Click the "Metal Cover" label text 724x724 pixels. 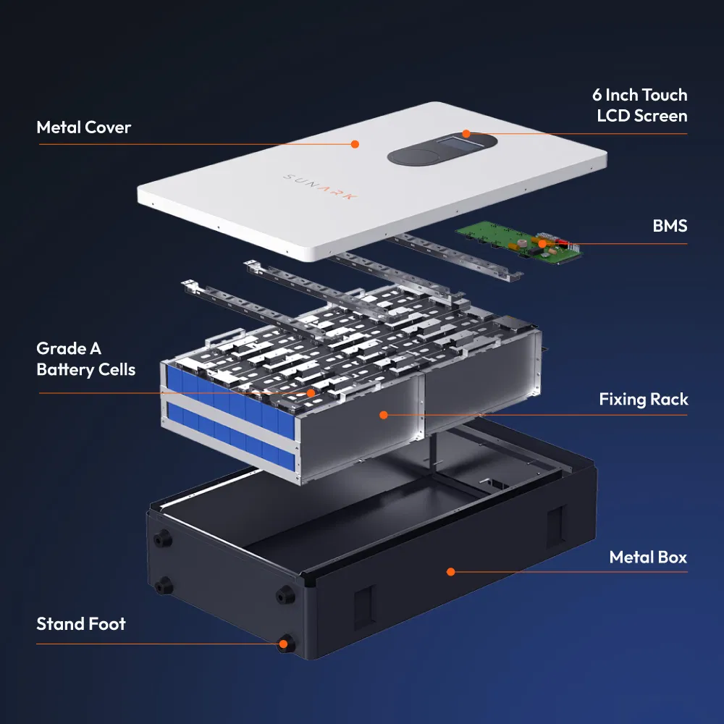83,127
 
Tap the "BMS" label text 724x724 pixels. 669,226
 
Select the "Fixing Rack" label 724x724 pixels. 643,399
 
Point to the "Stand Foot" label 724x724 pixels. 80,624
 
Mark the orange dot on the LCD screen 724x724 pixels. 466,133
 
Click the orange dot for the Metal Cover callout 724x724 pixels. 355,144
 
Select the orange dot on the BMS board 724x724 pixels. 542,243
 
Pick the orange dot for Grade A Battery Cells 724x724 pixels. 311,393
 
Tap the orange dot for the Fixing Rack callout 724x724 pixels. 383,415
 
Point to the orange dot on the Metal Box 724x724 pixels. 450,571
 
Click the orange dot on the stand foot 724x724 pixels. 285,643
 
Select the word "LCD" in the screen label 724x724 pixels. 615,116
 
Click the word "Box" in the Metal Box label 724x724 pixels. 672,557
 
